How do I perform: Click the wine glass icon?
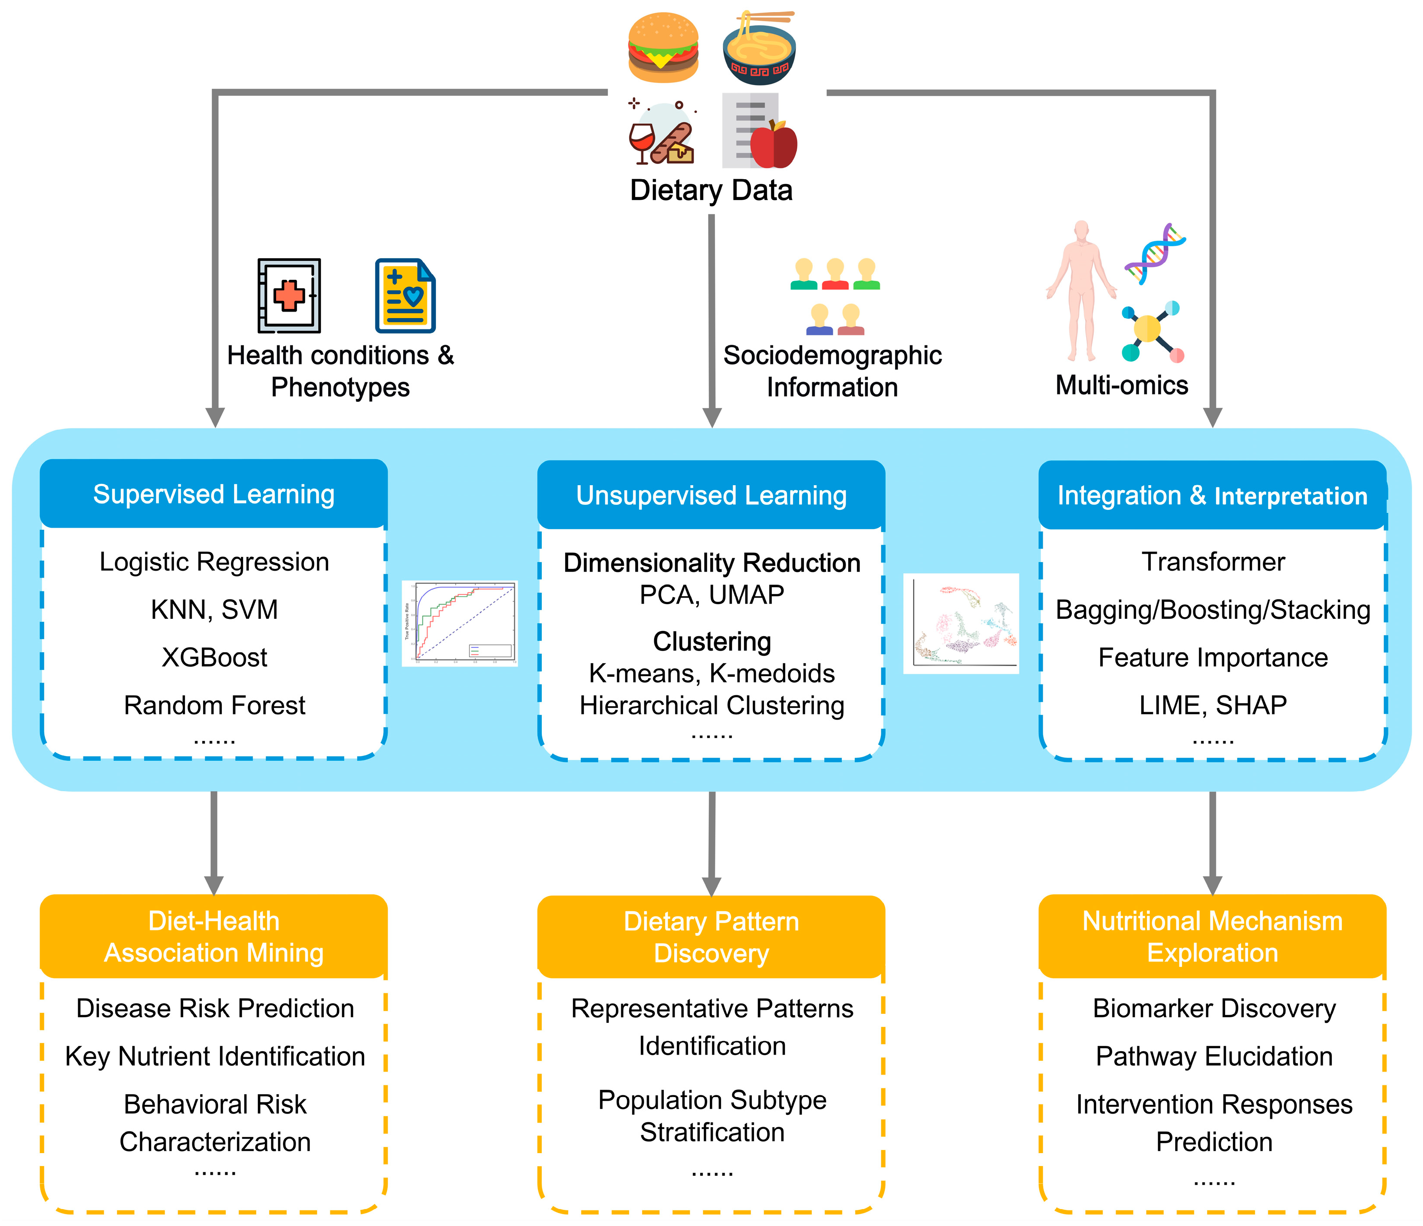(641, 141)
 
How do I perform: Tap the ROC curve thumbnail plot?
(459, 623)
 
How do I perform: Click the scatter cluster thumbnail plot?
(961, 623)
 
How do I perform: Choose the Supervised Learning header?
(214, 494)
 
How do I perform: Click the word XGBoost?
(214, 657)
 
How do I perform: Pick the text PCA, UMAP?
(711, 595)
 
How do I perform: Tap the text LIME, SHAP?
(1213, 705)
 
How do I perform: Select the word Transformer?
(1213, 562)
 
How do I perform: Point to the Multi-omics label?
(1121, 385)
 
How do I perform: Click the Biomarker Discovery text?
(1213, 1009)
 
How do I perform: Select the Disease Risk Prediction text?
(215, 1009)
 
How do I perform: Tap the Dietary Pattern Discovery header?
(711, 937)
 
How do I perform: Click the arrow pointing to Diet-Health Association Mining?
(214, 845)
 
